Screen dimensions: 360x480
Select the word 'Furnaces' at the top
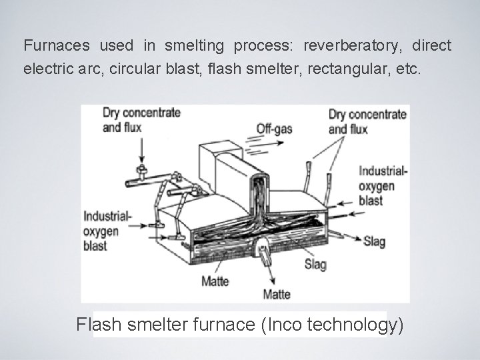point(57,46)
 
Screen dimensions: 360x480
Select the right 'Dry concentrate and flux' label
point(367,121)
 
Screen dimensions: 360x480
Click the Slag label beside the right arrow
point(375,242)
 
